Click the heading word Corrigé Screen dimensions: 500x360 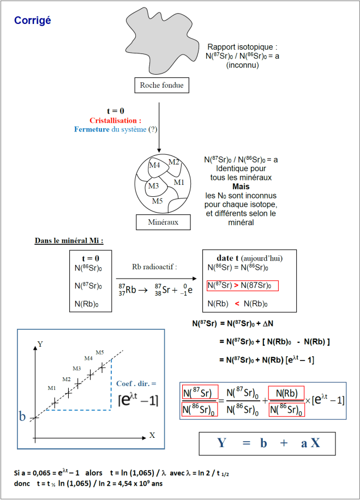[33, 20]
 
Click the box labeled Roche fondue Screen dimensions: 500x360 [161, 85]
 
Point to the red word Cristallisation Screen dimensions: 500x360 [115, 120]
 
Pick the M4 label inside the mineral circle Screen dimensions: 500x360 [154, 165]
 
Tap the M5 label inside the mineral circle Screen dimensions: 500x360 [157, 201]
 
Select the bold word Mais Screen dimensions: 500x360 [241, 186]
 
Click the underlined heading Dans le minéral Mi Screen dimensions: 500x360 [69, 240]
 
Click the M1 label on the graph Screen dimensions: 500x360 [51, 388]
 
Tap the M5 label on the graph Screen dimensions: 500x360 [100, 352]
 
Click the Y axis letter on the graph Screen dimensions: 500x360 [40, 344]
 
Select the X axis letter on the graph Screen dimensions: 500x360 [152, 435]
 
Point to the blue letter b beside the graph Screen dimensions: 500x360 [22, 417]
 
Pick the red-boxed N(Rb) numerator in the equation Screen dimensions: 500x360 [286, 393]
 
